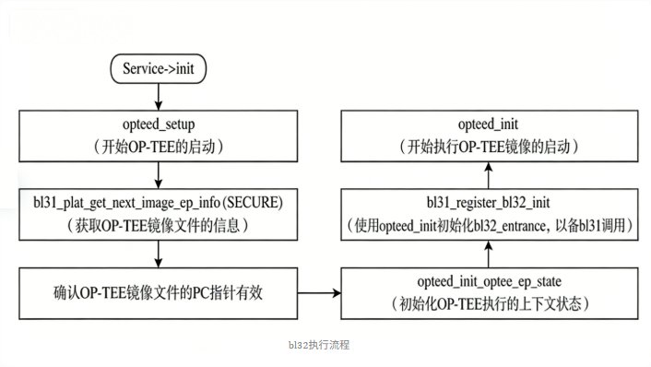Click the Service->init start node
coord(160,68)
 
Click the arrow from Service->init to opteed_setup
coord(160,95)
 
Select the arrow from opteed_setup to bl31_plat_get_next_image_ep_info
coord(160,173)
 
